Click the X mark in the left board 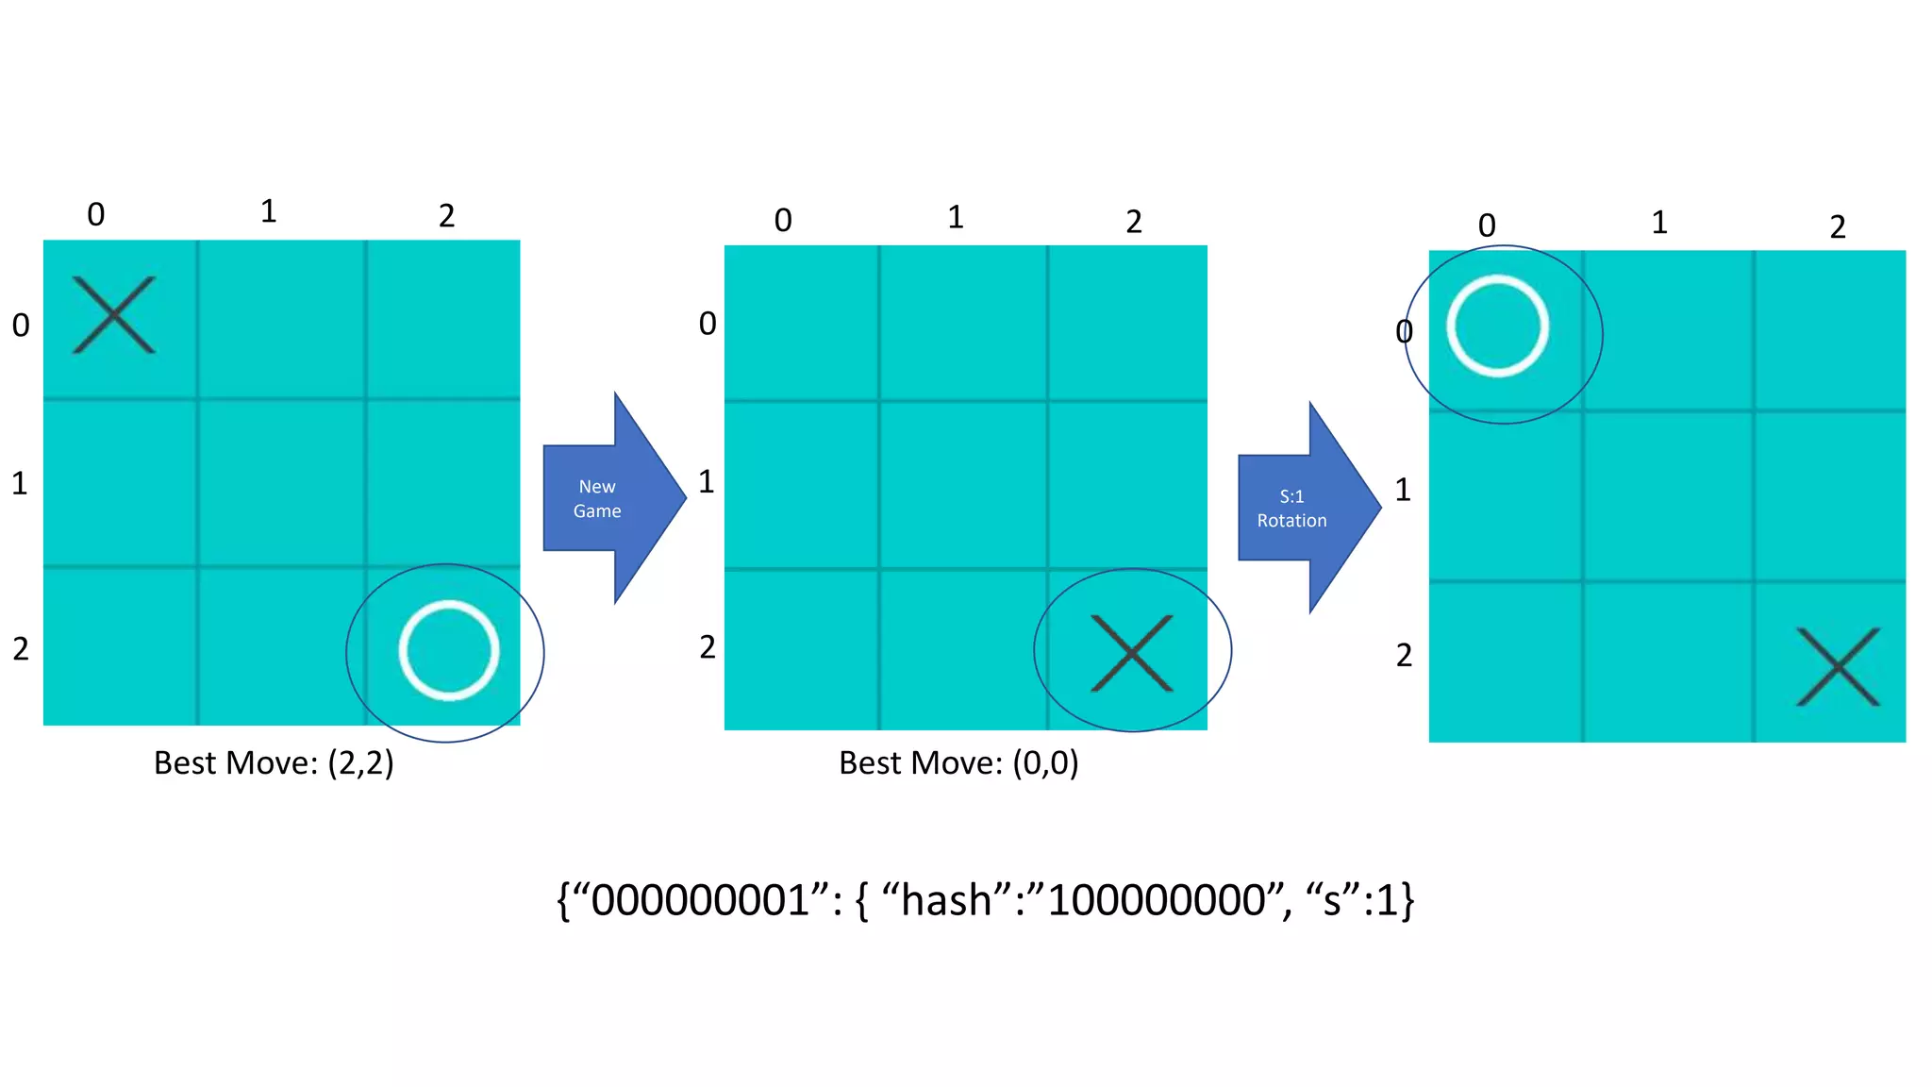[114, 315]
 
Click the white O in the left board [448, 650]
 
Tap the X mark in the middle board [1131, 653]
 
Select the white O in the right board [1497, 326]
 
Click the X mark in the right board [1838, 667]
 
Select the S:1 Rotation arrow [1302, 508]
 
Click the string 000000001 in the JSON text [699, 900]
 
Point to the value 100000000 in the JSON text [1156, 900]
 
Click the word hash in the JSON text [945, 900]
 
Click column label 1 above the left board [269, 211]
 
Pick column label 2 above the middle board [1134, 222]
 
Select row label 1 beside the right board [1403, 490]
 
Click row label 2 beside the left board [21, 649]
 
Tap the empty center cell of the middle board [963, 485]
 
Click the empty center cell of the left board [281, 482]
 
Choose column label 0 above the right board [1487, 226]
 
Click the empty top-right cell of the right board [1829, 329]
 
